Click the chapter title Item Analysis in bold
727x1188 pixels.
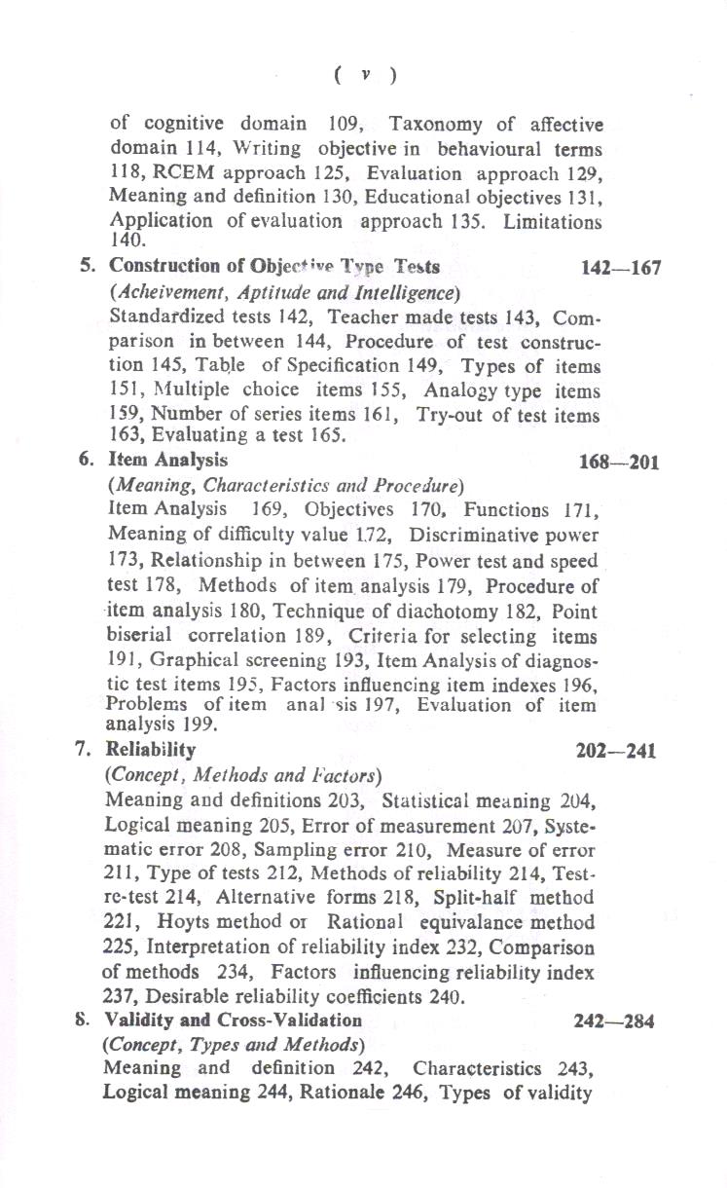pyautogui.click(x=167, y=459)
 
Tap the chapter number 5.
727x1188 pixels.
pyautogui.click(x=86, y=266)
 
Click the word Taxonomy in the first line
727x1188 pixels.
pyautogui.click(x=434, y=125)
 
